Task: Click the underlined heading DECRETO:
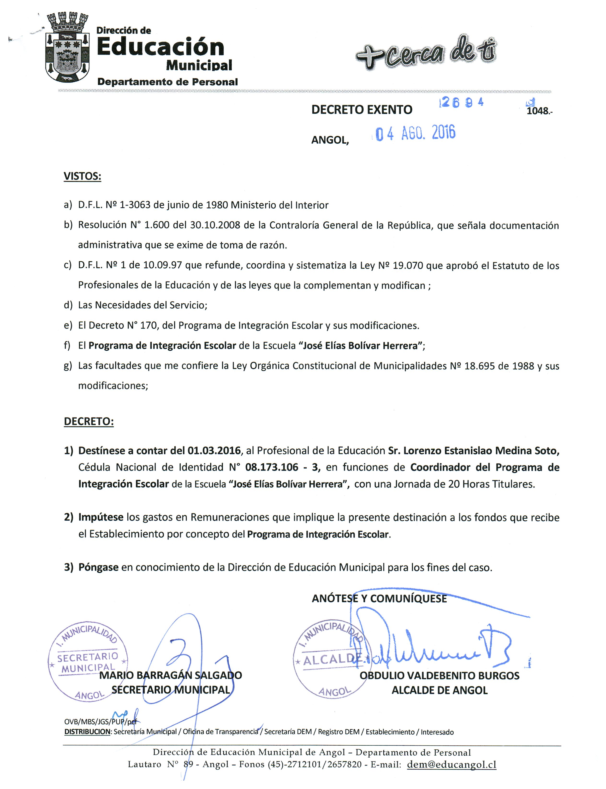pyautogui.click(x=89, y=422)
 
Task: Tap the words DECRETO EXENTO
pyautogui.click(x=362, y=110)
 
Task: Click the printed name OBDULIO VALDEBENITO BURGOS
pyautogui.click(x=439, y=676)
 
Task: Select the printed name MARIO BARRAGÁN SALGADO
pyautogui.click(x=170, y=675)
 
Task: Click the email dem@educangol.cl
pyautogui.click(x=451, y=765)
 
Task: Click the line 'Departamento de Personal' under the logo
pyautogui.click(x=167, y=82)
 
